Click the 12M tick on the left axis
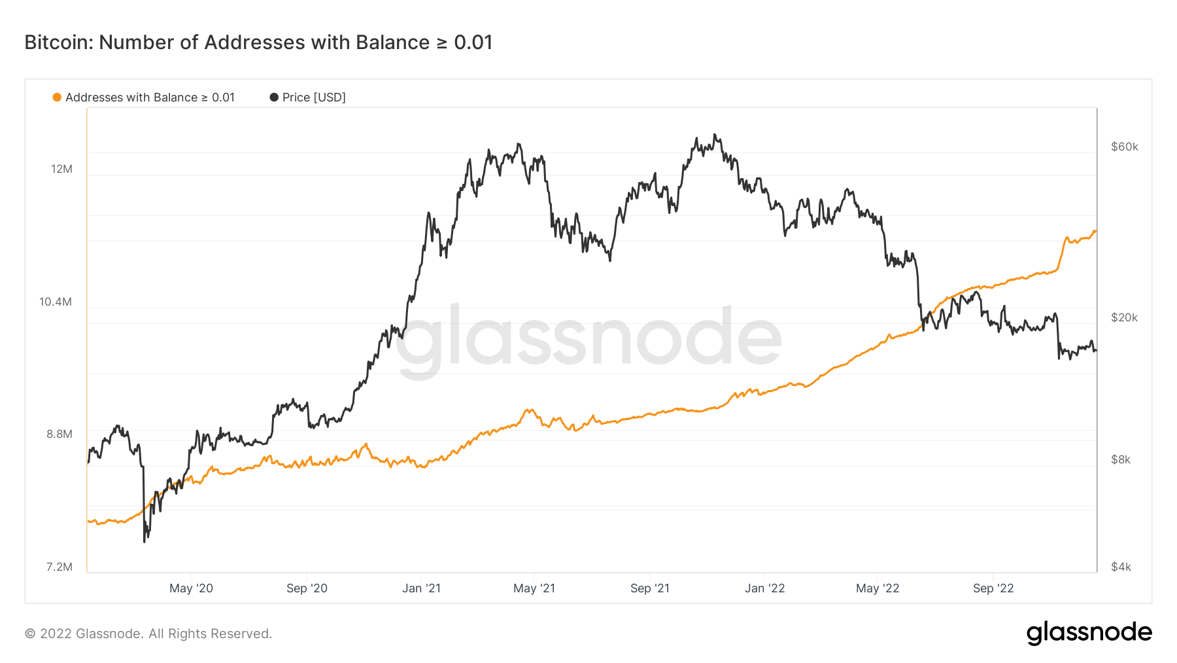tap(61, 169)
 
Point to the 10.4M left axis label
tap(56, 302)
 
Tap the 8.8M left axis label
tap(60, 434)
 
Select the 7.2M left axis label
tap(60, 567)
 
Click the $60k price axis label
tap(1125, 147)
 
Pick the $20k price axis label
tap(1125, 317)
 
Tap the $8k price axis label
tap(1121, 459)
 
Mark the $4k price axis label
tap(1121, 567)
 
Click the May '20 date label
tap(191, 588)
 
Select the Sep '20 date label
tap(307, 588)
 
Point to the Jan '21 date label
tap(421, 588)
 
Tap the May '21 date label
tap(534, 588)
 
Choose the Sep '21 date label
tap(650, 588)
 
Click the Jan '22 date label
tap(764, 588)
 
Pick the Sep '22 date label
tap(993, 588)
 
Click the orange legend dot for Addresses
tap(57, 98)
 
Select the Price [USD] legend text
tap(314, 98)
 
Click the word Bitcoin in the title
tap(59, 43)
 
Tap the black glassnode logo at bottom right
tap(1089, 632)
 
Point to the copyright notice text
tap(148, 634)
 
